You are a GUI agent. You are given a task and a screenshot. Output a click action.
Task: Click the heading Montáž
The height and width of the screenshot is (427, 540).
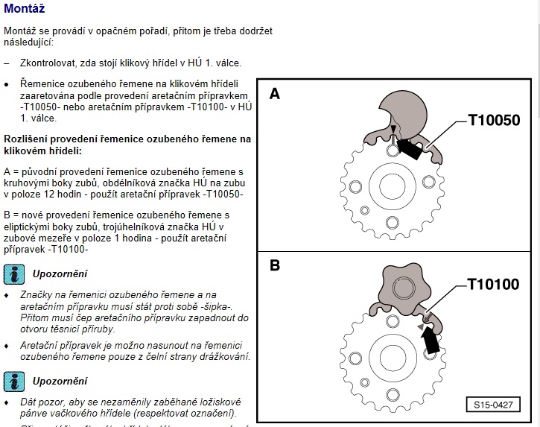(24, 10)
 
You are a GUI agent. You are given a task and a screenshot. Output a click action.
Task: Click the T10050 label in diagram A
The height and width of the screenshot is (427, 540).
(493, 119)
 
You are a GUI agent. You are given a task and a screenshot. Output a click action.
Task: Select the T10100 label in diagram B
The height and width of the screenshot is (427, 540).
(493, 284)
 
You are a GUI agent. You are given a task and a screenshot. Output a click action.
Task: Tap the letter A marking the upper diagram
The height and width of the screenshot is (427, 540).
(275, 95)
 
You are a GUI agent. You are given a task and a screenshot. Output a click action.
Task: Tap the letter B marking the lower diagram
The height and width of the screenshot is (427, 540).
(275, 265)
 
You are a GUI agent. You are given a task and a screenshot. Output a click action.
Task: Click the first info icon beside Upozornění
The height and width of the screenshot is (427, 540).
(13, 273)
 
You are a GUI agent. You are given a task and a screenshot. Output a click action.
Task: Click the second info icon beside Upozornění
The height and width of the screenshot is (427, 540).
(13, 381)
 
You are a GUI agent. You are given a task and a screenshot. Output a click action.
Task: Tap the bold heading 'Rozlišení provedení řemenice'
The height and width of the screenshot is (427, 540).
(127, 139)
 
